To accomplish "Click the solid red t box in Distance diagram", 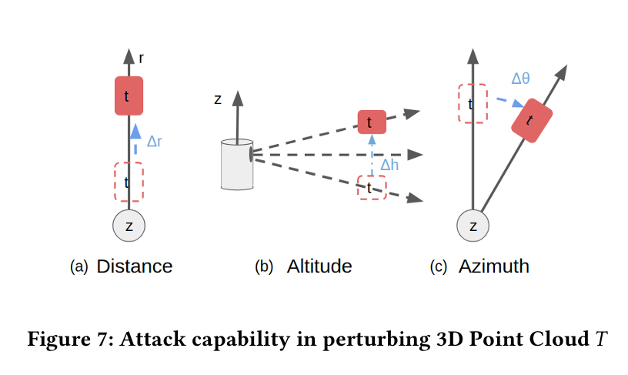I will [x=129, y=95].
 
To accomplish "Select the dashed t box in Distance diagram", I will [x=129, y=183].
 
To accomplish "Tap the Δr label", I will [x=154, y=142].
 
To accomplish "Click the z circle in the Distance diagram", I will [x=129, y=226].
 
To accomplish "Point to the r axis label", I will [x=142, y=57].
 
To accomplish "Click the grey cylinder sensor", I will [x=236, y=164].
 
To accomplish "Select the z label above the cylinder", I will [x=218, y=99].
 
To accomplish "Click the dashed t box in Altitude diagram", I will [x=371, y=188].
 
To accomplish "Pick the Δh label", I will [x=389, y=164].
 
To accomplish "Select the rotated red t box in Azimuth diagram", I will [x=532, y=121].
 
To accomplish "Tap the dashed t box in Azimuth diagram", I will [x=473, y=103].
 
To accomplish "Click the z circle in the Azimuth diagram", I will [x=473, y=226].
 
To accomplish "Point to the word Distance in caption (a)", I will [x=134, y=266].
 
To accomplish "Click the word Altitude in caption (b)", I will [x=319, y=266].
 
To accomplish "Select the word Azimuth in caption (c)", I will [x=494, y=266].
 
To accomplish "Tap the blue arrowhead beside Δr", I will [x=135, y=129].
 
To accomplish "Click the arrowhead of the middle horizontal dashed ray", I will [x=418, y=156].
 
